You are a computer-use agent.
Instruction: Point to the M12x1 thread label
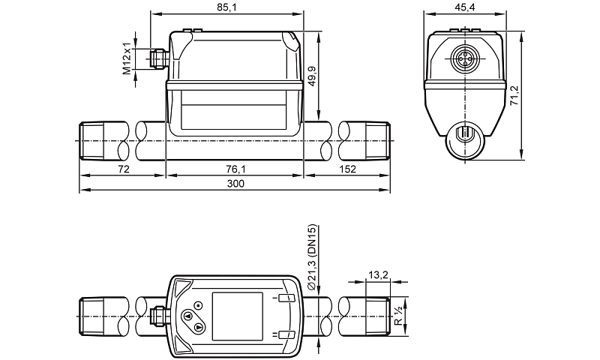[127, 58]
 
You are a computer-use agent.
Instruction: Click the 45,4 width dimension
[465, 7]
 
